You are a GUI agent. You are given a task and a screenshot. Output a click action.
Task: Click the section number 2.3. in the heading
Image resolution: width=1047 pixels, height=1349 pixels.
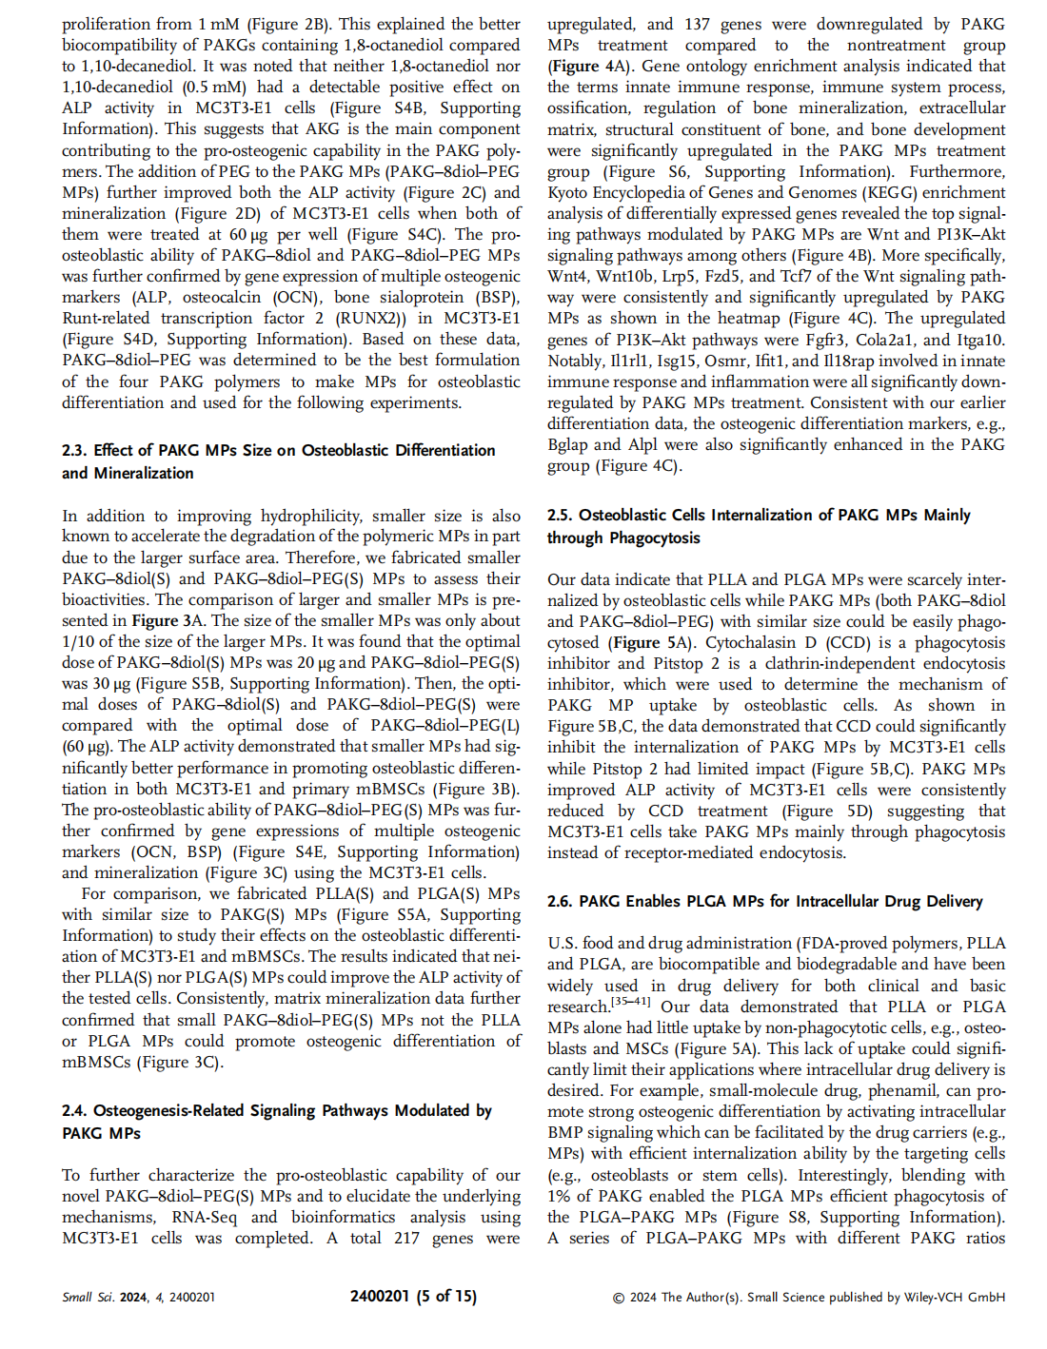(x=75, y=450)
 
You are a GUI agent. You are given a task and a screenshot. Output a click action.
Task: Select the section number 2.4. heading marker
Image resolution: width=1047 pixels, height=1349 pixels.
(x=75, y=1110)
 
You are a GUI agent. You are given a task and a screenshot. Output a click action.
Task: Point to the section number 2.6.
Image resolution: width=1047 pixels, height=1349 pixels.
(x=561, y=901)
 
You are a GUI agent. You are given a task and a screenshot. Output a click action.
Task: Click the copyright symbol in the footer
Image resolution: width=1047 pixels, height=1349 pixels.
(x=619, y=1297)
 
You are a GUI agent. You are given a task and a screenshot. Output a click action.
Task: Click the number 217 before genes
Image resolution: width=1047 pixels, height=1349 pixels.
(x=406, y=1238)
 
